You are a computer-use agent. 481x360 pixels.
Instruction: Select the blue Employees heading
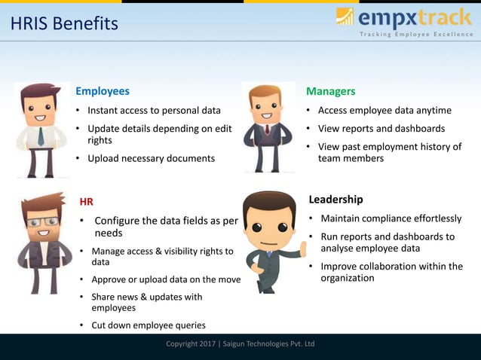pos(102,91)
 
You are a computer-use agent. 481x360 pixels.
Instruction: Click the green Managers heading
pos(330,91)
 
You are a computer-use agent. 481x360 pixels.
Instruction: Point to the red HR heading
pos(87,201)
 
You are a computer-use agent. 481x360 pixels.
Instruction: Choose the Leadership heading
pos(335,200)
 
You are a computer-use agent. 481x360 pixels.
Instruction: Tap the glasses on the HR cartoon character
pos(42,221)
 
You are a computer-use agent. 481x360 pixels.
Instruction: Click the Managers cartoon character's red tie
pos(266,130)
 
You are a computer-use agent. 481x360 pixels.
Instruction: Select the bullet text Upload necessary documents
pos(151,158)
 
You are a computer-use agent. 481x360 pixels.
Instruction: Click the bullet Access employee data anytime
pos(384,110)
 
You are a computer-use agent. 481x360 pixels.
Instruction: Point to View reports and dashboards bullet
pos(381,128)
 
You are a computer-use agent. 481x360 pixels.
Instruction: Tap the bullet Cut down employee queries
pos(148,325)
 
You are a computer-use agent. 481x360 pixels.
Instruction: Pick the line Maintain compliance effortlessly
pos(391,218)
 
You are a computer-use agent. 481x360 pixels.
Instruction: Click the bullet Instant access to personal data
pos(154,110)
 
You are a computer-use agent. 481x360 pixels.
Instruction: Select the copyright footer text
pos(240,344)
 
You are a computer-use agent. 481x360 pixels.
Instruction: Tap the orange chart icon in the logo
pos(345,16)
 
